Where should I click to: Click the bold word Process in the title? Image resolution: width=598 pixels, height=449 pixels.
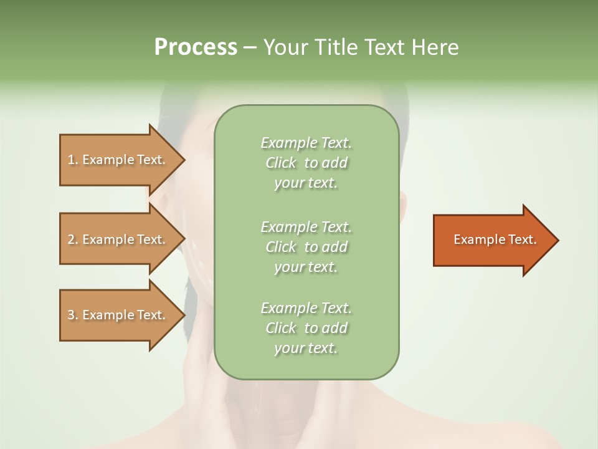pos(196,47)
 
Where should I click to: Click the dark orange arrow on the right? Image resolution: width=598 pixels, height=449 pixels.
pos(492,240)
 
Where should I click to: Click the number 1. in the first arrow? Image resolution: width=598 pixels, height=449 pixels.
pos(73,160)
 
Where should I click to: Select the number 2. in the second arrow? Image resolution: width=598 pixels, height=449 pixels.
pos(73,239)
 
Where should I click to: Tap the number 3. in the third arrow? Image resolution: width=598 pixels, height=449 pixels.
pos(73,315)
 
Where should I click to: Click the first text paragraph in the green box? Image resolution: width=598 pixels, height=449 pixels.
pos(306,163)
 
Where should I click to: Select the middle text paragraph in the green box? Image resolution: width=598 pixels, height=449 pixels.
pos(306,247)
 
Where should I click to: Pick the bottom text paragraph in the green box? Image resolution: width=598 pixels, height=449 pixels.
pos(306,328)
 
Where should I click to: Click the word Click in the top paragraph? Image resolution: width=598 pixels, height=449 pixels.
pos(281,163)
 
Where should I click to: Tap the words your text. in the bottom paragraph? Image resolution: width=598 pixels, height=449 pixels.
pos(306,348)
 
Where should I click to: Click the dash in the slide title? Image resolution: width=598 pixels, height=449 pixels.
pos(250,47)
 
